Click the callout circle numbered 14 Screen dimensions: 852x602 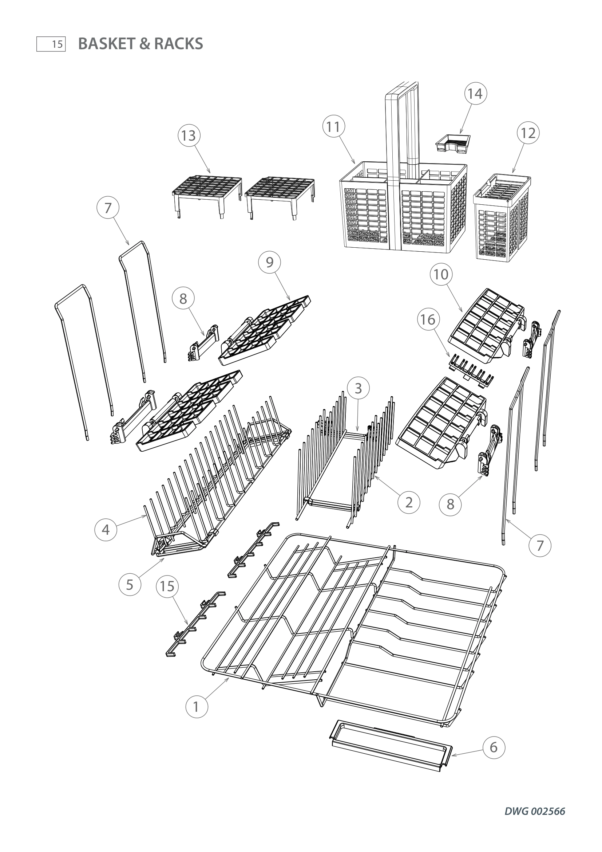[475, 94]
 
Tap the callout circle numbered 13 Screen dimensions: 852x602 [189, 136]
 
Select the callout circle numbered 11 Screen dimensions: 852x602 [334, 127]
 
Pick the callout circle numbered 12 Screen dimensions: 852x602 [528, 133]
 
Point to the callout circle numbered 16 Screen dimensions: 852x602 [428, 319]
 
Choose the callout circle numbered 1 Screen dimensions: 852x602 [197, 707]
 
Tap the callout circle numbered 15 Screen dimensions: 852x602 [167, 586]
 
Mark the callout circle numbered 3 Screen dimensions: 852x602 [358, 388]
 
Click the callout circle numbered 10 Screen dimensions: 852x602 [441, 274]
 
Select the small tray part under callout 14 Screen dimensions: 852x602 [453, 143]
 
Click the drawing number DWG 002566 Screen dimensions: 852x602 [535, 811]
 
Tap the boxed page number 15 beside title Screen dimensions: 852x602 [51, 44]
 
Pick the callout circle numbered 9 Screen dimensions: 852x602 [269, 262]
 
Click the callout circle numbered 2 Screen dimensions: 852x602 [409, 502]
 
